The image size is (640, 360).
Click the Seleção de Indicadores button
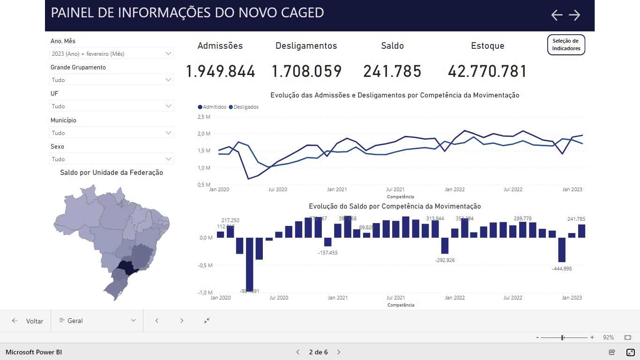pos(566,45)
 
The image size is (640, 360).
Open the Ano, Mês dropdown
pos(111,53)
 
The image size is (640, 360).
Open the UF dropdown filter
pos(111,106)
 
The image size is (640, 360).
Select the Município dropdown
pos(111,133)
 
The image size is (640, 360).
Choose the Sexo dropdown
pos(111,159)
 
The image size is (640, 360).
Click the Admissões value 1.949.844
pos(220,72)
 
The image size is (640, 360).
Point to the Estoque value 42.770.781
pos(487,72)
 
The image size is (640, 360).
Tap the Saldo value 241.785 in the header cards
pos(392,72)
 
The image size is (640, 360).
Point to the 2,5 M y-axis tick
pos(204,117)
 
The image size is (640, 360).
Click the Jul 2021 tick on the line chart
pos(395,190)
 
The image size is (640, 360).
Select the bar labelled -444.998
pos(562,250)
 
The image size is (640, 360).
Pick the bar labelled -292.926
pos(445,246)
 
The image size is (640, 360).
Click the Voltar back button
pos(28,321)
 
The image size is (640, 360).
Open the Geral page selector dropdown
pos(97,321)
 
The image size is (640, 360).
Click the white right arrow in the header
pos(574,15)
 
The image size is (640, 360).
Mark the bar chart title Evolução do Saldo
pos(394,206)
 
